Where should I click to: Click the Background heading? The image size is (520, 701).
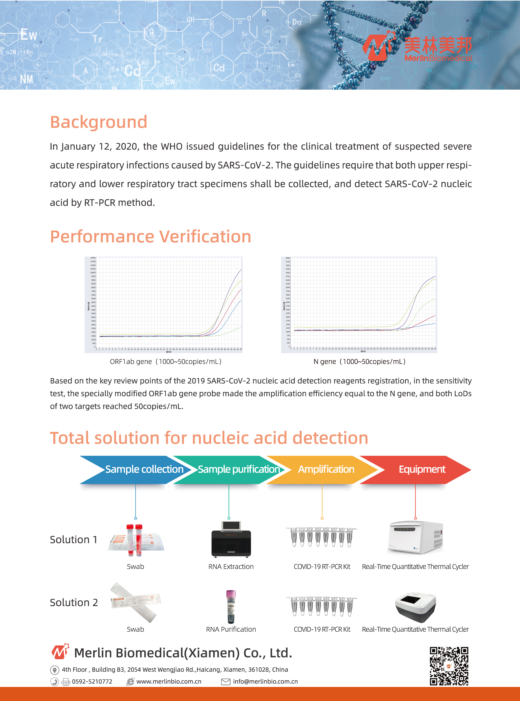tap(99, 122)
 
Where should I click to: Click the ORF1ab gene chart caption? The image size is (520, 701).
tap(166, 362)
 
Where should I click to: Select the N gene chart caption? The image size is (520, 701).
tap(360, 362)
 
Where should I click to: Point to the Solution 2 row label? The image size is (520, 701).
tap(74, 602)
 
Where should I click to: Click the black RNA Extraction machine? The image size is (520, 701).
tap(231, 539)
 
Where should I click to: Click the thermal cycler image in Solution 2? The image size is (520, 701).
tap(415, 607)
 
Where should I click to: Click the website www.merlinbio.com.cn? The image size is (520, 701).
tap(169, 682)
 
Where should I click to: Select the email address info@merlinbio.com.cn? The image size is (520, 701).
tap(265, 682)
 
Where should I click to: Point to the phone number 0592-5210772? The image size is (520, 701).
tap(92, 682)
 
